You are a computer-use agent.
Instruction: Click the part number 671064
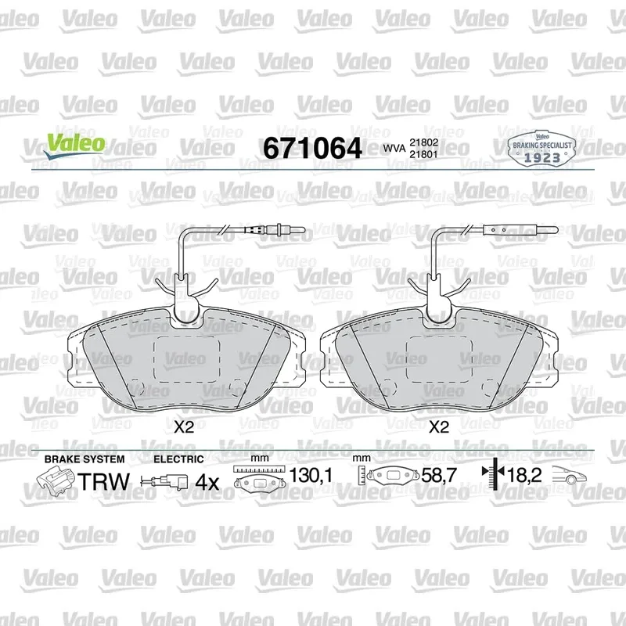pyautogui.click(x=312, y=148)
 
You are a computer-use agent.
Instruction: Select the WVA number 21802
pyautogui.click(x=423, y=142)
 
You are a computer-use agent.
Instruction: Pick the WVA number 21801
pyautogui.click(x=423, y=154)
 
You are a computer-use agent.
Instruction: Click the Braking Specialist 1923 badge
pyautogui.click(x=541, y=149)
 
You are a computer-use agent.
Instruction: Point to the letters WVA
pyautogui.click(x=394, y=149)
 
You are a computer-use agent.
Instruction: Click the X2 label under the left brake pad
pyautogui.click(x=184, y=427)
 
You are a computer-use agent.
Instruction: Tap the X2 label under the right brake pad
pyautogui.click(x=439, y=427)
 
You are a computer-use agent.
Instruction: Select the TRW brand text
pyautogui.click(x=104, y=481)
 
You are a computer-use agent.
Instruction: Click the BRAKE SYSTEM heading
pyautogui.click(x=85, y=459)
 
